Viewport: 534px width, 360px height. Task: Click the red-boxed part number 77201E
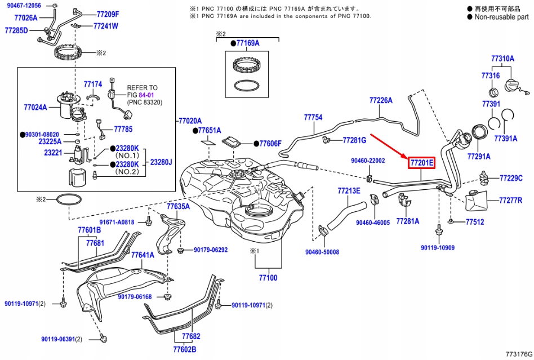pos(421,163)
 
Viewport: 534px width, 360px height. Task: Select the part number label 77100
pos(268,278)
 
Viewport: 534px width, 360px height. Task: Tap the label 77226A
pos(381,100)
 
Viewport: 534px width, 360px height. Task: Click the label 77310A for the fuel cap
pos(502,59)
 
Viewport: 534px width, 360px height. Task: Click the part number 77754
pos(313,117)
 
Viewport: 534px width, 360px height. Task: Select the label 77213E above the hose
pos(349,190)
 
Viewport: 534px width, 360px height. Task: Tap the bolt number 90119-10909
pos(438,248)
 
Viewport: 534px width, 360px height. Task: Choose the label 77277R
pos(511,200)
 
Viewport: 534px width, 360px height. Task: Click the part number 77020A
pos(190,121)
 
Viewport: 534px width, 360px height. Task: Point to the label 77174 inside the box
pos(93,85)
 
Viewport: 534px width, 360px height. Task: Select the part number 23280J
pos(161,162)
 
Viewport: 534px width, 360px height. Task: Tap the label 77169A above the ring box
pos(248,43)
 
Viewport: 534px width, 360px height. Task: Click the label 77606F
pos(270,144)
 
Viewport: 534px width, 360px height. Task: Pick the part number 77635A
pos(177,207)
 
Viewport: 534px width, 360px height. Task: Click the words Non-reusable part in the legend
pos(502,17)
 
